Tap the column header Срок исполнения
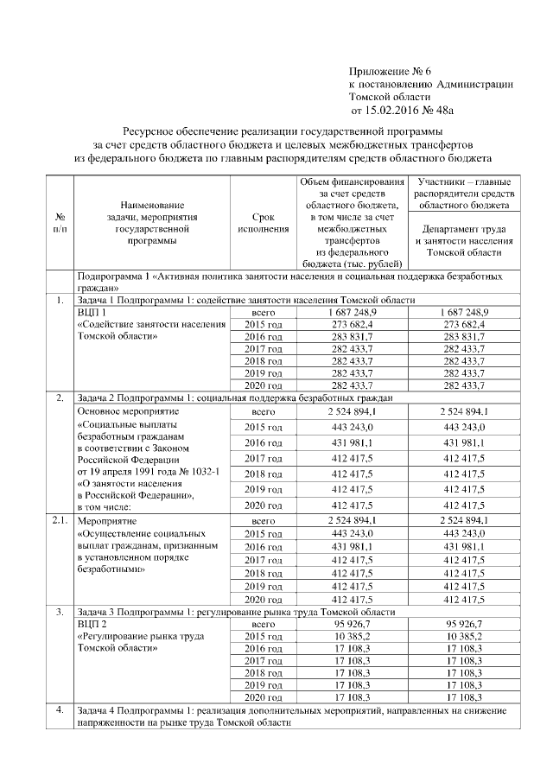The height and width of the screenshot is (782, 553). pos(263,223)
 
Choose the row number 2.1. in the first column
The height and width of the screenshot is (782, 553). pos(58,520)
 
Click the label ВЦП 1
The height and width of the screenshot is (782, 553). pos(92,311)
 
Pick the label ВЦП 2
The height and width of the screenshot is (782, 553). pos(92,622)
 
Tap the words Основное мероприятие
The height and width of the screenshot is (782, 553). pos(127,412)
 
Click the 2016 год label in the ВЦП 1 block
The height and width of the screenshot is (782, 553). pos(263,336)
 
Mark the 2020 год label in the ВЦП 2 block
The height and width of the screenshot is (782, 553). pos(263,696)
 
